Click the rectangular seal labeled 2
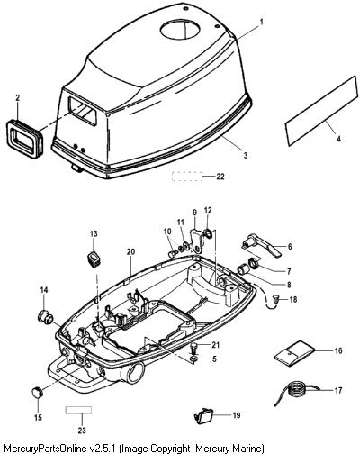point(24,139)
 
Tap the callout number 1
point(261,22)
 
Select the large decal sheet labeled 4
point(321,111)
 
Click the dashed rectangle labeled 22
point(187,177)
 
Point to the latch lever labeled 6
point(262,246)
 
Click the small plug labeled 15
point(37,393)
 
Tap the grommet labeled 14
point(46,318)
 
